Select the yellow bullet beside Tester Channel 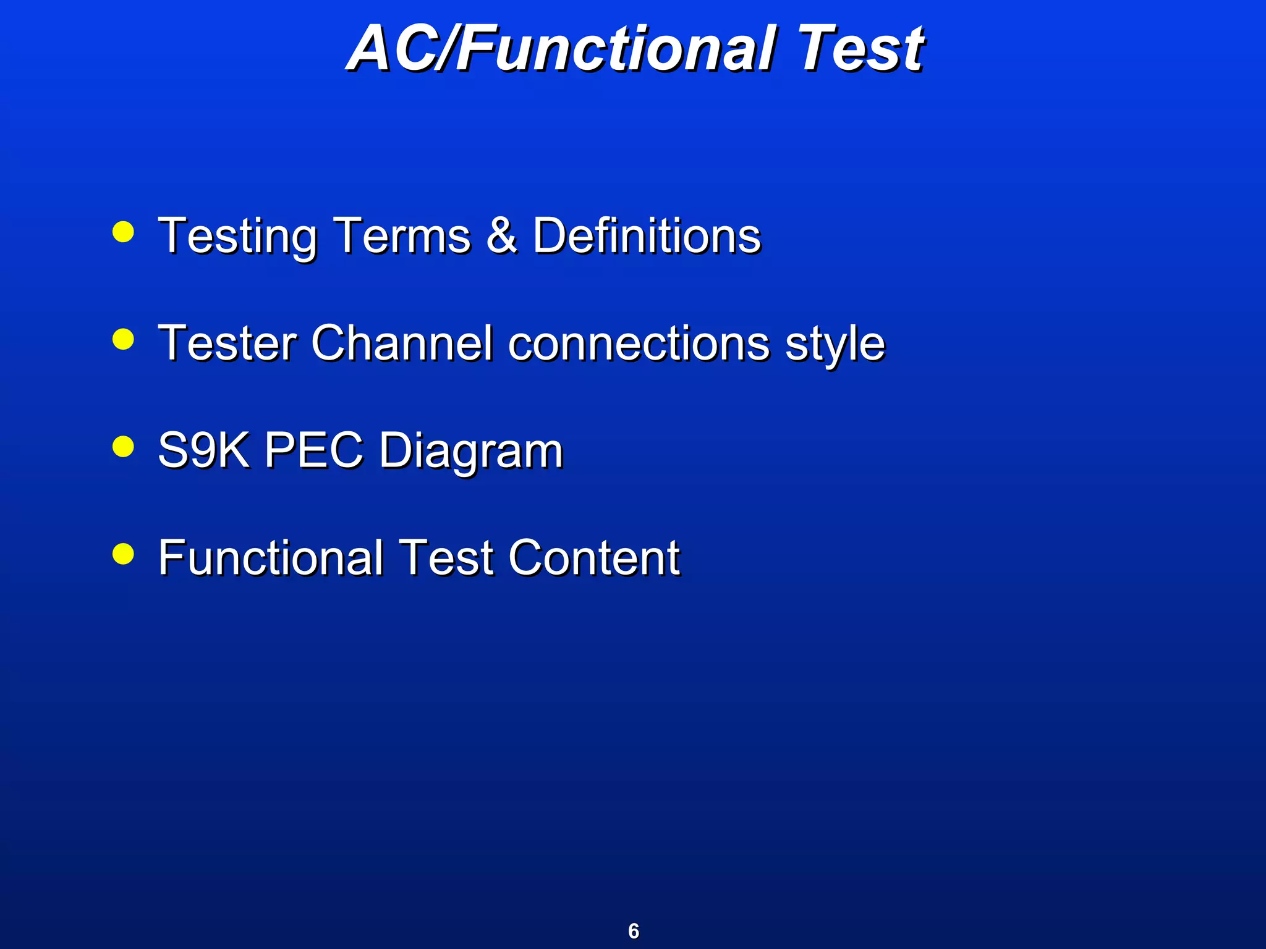[x=124, y=339]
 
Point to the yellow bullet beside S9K [x=124, y=446]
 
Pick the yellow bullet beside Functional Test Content [x=124, y=554]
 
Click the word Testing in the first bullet [x=238, y=237]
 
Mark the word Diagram [x=471, y=452]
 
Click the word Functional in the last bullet [x=271, y=557]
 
